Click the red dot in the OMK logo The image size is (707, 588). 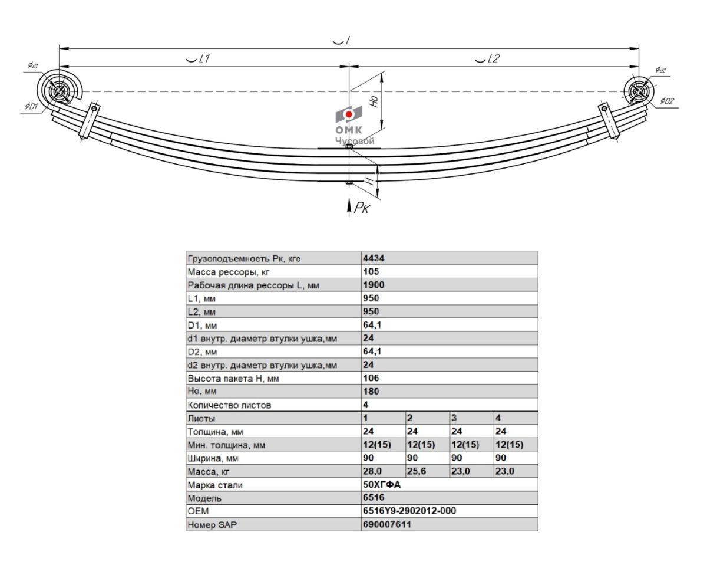(x=348, y=114)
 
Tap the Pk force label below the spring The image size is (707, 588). (x=362, y=208)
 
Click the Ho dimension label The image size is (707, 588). (x=374, y=101)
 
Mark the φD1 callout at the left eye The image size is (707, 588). (x=31, y=106)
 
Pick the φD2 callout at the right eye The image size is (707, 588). (x=667, y=101)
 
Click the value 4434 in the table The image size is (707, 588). (x=374, y=258)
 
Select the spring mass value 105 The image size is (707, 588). (x=371, y=271)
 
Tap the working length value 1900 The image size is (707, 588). (x=374, y=285)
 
